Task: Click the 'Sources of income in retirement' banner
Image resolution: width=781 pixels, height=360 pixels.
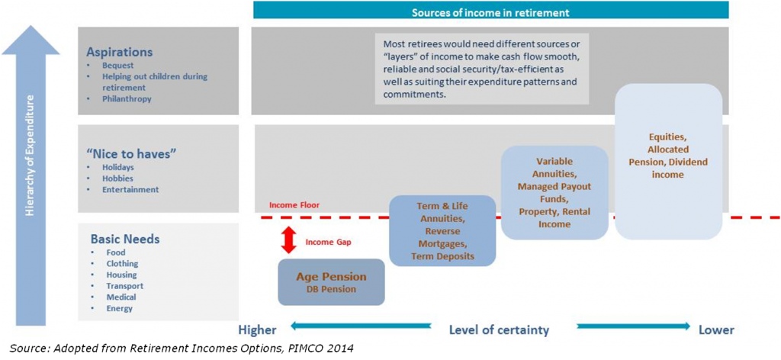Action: [490, 12]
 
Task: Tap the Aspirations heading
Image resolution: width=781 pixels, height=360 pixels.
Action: [120, 53]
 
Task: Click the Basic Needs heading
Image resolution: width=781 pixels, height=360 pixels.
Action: [125, 239]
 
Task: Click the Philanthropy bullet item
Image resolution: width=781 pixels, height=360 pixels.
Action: [127, 98]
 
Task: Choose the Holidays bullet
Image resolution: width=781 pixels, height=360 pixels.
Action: [118, 167]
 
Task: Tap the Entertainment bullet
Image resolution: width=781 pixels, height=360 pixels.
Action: [130, 189]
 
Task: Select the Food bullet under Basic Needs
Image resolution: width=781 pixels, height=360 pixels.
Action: [116, 252]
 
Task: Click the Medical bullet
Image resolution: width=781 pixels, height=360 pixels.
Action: [121, 297]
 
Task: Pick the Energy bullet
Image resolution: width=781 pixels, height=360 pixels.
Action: [120, 308]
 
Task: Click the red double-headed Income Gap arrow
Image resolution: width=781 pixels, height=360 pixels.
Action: [288, 239]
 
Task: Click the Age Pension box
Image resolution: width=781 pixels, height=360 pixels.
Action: [330, 282]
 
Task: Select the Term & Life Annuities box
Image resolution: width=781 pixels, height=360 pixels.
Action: [442, 231]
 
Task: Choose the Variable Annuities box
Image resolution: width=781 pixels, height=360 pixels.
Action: [554, 192]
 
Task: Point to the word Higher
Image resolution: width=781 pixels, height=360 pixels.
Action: [257, 329]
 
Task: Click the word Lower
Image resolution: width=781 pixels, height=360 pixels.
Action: [716, 329]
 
